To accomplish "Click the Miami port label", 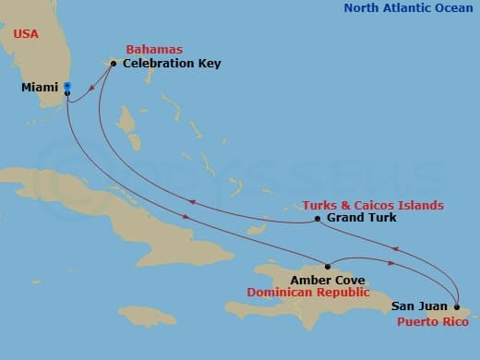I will point(39,88).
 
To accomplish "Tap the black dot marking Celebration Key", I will point(113,64).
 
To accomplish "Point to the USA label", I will point(26,33).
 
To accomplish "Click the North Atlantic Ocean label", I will point(407,8).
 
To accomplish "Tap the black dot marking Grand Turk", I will point(318,219).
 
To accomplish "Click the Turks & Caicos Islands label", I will point(372,204).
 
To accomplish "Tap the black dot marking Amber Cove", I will point(327,267).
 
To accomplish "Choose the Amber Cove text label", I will point(327,280).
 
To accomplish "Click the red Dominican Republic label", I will point(312,293).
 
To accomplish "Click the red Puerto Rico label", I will point(432,321).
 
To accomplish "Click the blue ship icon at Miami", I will point(67,87).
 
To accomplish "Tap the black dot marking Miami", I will point(67,92).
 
